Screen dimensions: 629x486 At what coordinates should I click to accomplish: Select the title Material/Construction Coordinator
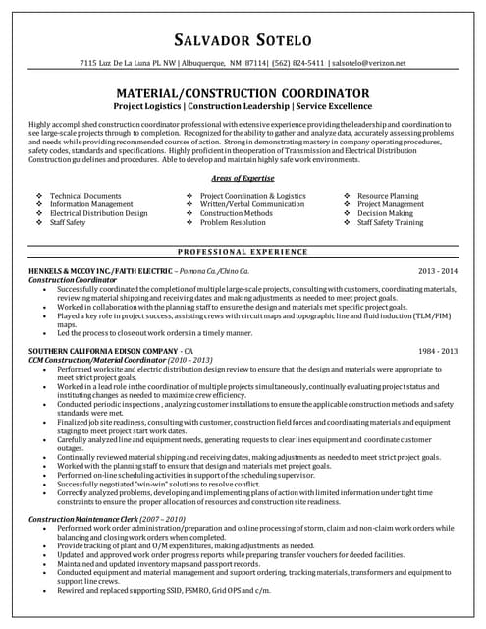pyautogui.click(x=243, y=93)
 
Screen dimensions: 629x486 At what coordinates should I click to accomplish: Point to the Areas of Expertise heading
pyautogui.click(x=243, y=178)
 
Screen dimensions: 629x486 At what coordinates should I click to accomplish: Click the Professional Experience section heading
pyautogui.click(x=243, y=253)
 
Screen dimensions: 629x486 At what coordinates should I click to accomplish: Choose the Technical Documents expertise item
pyautogui.click(x=85, y=196)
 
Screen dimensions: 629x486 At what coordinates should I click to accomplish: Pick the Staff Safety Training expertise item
pyautogui.click(x=390, y=223)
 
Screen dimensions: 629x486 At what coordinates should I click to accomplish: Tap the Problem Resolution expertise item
pyautogui.click(x=233, y=223)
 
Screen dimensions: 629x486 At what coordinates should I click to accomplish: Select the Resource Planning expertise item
pyautogui.click(x=388, y=196)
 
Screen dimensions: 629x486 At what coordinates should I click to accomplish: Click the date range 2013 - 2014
pyautogui.click(x=438, y=269)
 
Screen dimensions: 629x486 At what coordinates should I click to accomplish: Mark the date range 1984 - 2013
pyautogui.click(x=438, y=350)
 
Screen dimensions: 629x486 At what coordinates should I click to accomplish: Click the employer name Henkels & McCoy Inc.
pyautogui.click(x=90, y=269)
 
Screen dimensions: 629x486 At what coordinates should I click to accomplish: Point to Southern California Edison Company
pyautogui.click(x=103, y=350)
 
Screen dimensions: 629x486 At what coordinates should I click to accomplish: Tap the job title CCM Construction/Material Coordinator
pyautogui.click(x=120, y=359)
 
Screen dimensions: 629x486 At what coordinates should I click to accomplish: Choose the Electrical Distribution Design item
pyautogui.click(x=98, y=213)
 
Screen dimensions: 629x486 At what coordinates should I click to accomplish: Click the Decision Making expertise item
pyautogui.click(x=385, y=213)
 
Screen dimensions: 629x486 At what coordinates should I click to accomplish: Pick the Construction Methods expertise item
pyautogui.click(x=236, y=213)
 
